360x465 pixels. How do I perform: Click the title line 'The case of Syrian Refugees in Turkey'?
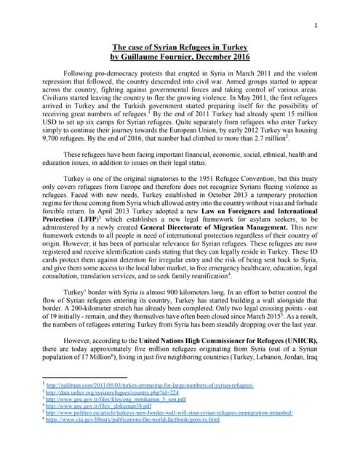[180, 47]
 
